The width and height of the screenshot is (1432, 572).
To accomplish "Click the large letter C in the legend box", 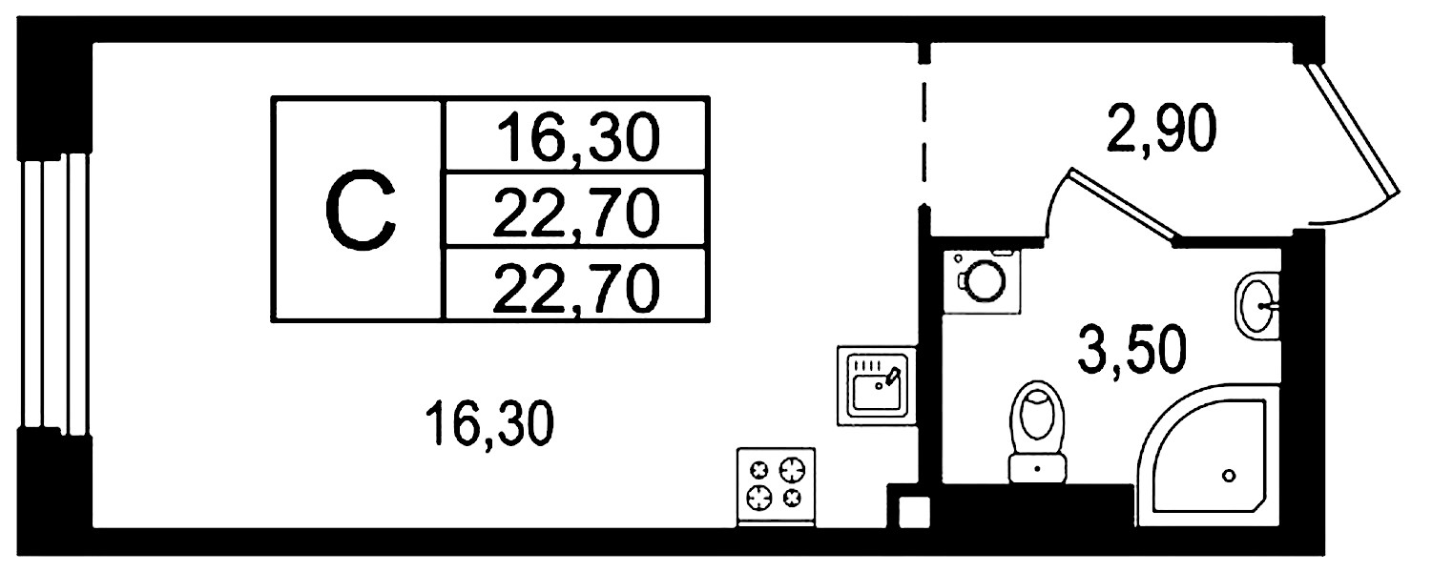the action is coord(361,209).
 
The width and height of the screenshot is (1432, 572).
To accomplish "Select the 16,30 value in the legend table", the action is coord(578,136).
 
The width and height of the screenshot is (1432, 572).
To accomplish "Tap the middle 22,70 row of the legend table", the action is coord(576,213).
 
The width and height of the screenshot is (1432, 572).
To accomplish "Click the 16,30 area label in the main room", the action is coord(490,423).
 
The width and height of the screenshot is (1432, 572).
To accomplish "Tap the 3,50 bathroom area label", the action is coord(1132,351).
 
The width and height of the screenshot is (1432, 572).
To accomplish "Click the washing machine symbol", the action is coord(982,281).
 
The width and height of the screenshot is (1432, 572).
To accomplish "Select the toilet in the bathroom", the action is coord(1037,432).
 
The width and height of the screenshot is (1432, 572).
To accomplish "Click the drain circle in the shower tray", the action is coord(1228,476).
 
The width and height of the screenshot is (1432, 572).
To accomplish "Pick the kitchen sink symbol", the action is coord(877,385).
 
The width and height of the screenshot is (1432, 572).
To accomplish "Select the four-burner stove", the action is coord(776,487).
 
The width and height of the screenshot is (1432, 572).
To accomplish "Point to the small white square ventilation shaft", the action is coord(914,513).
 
